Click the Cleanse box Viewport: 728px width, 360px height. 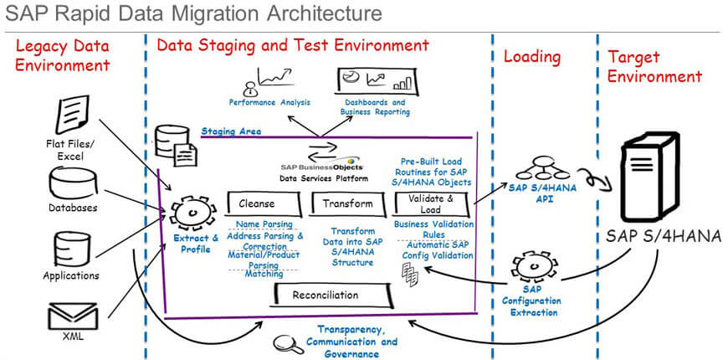click(x=263, y=203)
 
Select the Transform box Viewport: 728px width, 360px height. click(x=346, y=203)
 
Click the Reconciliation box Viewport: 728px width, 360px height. click(x=333, y=295)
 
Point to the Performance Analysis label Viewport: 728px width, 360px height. click(x=269, y=102)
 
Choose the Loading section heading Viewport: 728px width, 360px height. click(x=532, y=57)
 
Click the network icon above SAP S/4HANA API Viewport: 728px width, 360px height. click(x=533, y=166)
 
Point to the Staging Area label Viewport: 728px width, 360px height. click(x=231, y=131)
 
